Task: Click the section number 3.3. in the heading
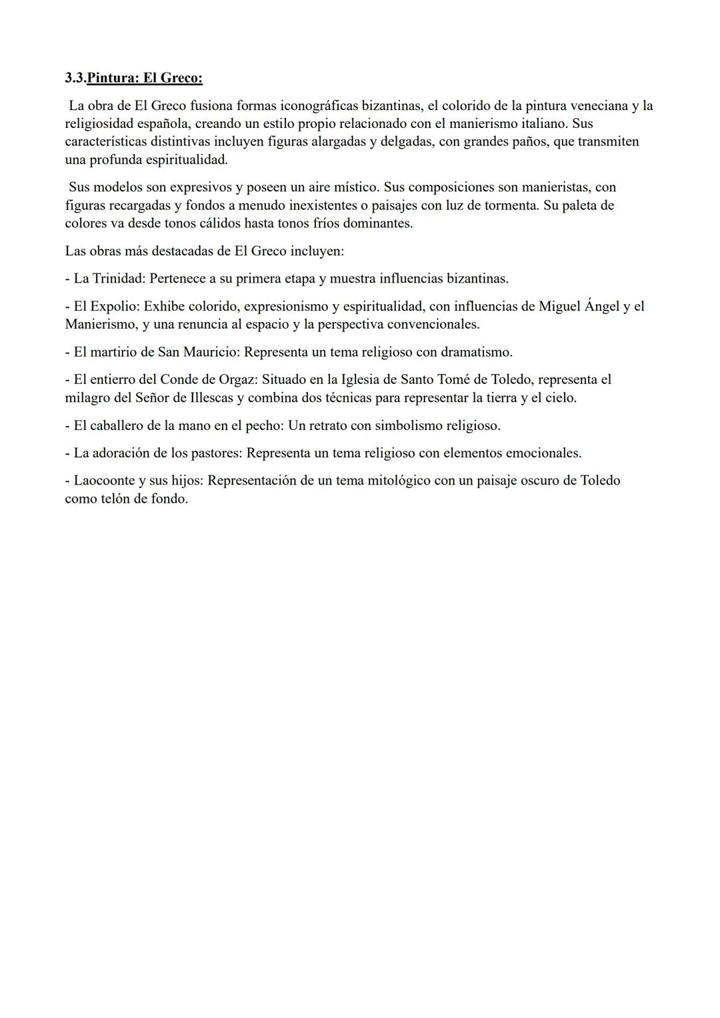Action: [x=75, y=78]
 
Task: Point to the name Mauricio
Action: [x=211, y=352]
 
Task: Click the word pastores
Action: [x=215, y=453]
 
